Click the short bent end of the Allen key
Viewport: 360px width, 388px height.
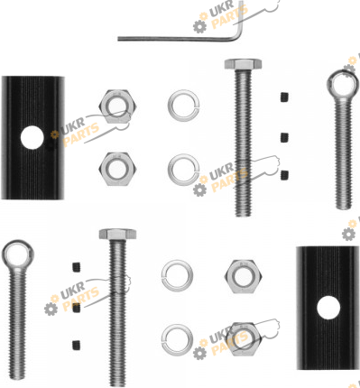coord(240,18)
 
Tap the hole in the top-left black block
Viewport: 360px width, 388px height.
coord(32,137)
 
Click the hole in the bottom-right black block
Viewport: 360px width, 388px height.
coord(328,308)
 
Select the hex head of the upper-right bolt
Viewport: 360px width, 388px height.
coord(243,64)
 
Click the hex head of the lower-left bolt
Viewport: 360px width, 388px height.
coord(117,234)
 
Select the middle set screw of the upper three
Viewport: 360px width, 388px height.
coord(285,137)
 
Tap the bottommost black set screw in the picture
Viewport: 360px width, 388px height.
coord(77,345)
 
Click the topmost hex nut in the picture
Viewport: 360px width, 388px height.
coord(117,106)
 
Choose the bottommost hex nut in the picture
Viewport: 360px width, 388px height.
coord(244,339)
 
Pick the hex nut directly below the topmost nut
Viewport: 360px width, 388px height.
coord(117,169)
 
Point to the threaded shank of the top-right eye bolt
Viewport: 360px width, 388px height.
coord(343,154)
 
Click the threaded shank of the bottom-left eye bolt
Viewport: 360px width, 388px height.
coord(17,324)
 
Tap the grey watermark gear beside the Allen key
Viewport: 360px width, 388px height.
coord(200,26)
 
